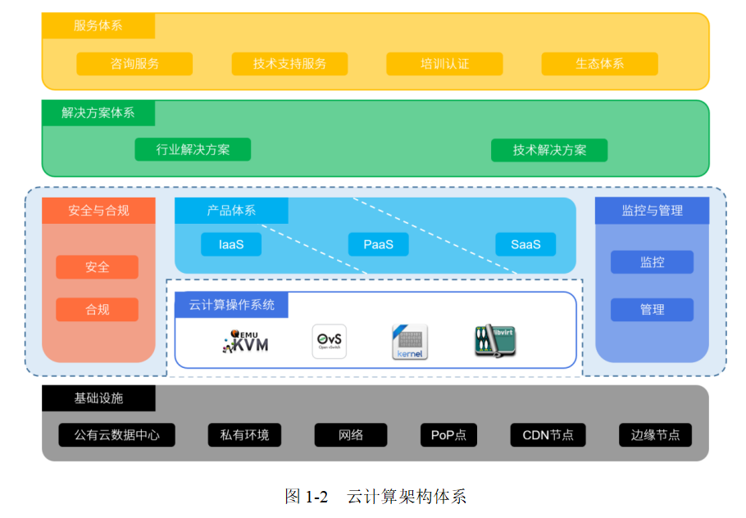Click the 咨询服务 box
[134, 64]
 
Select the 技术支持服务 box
[289, 64]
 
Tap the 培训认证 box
[444, 64]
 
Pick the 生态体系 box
[599, 64]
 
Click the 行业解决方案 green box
[193, 150]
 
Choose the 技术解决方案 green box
[549, 150]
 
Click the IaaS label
[231, 244]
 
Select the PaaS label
[378, 244]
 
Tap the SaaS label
[525, 244]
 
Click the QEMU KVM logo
[245, 341]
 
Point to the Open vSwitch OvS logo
[329, 341]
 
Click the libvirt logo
[494, 340]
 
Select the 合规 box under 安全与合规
[97, 310]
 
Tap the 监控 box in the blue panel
[652, 262]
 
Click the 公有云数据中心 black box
[117, 434]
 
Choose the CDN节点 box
[548, 434]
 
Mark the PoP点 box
[448, 434]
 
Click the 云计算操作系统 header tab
[232, 305]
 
